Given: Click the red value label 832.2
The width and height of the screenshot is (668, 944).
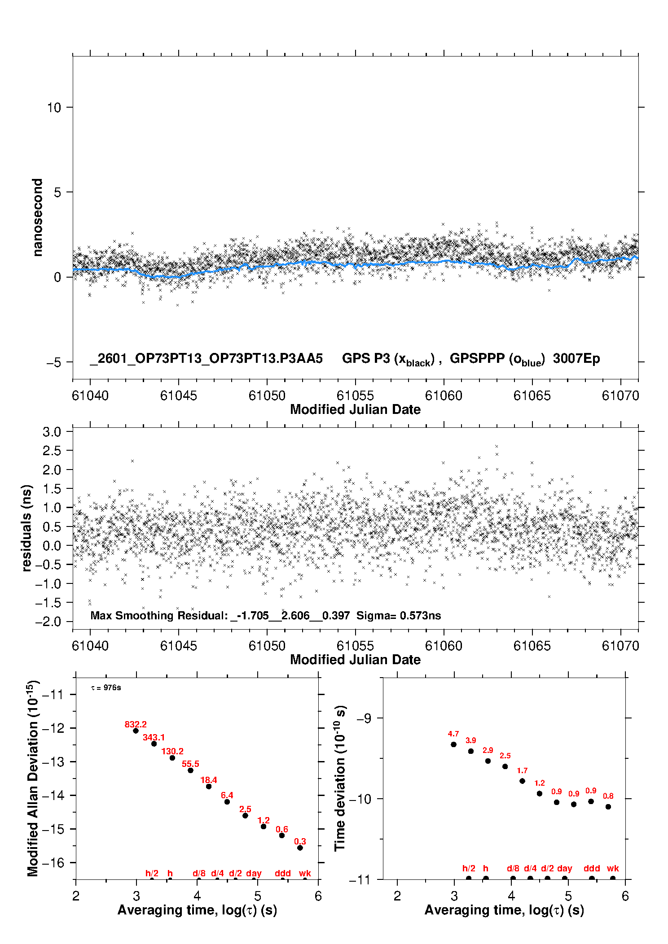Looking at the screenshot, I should coord(136,724).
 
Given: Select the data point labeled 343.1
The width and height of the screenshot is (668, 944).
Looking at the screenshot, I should coord(154,744).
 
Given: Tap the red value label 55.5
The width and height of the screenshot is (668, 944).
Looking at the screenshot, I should coord(190,764).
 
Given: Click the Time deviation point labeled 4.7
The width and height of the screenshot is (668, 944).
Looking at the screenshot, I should coord(453,744).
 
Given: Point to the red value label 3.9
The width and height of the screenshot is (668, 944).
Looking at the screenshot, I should coord(470,740).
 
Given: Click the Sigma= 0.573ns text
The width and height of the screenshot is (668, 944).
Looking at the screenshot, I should coord(399,615).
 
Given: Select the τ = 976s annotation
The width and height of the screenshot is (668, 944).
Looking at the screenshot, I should coord(106,687).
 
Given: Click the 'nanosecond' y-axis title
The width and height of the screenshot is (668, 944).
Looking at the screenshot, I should coord(38,218).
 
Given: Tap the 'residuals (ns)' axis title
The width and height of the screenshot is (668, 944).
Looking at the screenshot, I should coord(27,528).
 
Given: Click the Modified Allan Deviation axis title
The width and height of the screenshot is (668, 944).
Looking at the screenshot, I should coord(32,778).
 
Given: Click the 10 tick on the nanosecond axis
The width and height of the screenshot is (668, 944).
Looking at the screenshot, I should coord(54,108).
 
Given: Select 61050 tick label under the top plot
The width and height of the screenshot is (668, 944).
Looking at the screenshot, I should coord(267,396).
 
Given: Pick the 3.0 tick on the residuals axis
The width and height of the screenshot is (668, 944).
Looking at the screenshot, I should coord(52,432).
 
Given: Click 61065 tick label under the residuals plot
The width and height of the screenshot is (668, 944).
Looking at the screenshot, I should coord(532,646).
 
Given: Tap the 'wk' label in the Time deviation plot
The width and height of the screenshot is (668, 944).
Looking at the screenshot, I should coord(613,868).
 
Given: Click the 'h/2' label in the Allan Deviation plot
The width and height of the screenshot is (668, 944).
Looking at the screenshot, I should coord(152,873).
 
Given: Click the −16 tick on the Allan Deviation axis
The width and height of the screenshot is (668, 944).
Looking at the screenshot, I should coord(53,862).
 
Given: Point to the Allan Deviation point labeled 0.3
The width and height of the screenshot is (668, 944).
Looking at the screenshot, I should coord(300,848).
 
